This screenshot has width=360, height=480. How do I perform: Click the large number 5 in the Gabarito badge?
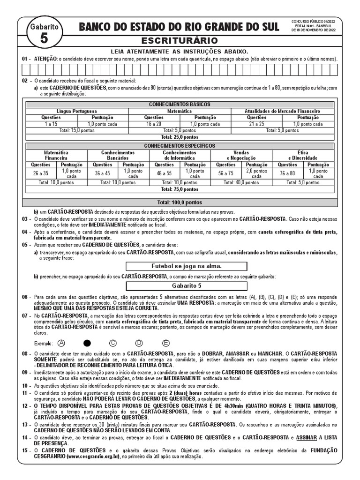(44, 39)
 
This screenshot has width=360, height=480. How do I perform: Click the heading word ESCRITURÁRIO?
(180, 41)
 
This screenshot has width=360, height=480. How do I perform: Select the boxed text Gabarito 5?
(180, 285)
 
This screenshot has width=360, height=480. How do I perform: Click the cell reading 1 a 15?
(51, 124)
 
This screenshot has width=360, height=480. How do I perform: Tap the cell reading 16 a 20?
(154, 124)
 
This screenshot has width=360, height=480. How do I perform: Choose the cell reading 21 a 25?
(256, 124)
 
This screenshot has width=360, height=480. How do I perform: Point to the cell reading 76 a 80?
(287, 173)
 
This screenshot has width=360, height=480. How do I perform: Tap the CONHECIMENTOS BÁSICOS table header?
(180, 104)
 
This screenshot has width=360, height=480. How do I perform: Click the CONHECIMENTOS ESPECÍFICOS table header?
(180, 146)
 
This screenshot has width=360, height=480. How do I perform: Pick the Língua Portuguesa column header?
(77, 111)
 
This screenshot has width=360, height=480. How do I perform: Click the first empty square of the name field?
(26, 70)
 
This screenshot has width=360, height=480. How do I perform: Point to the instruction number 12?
(25, 405)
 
